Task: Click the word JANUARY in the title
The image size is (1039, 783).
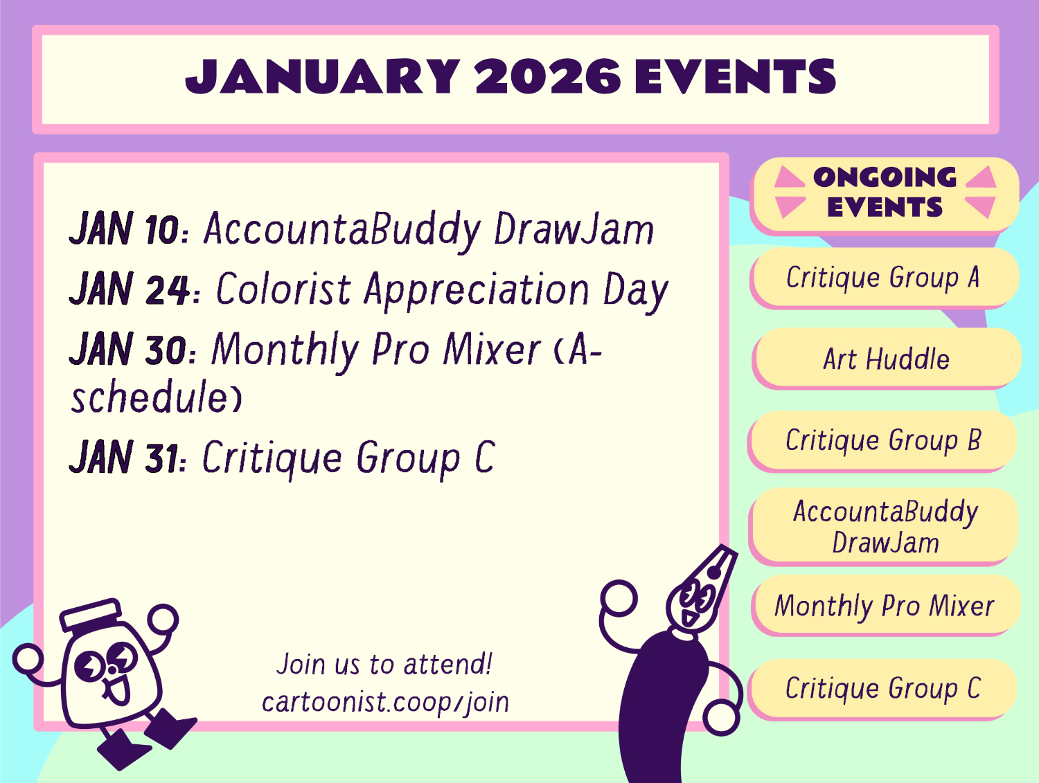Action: coord(323,77)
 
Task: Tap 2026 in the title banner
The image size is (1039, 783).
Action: coord(548,77)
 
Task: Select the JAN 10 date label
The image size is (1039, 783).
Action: coord(125,228)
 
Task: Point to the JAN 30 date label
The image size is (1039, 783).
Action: coord(128,349)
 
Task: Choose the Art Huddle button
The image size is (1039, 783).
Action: coord(886,358)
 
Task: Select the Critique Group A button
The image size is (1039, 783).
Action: coord(883,277)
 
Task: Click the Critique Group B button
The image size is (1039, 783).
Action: coord(882,440)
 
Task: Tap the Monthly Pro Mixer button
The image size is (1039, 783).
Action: coord(885,605)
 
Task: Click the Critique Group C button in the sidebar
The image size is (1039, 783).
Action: coord(882,688)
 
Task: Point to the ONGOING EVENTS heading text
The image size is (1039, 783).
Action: coord(885,192)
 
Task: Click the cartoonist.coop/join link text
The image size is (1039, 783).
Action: coord(385,702)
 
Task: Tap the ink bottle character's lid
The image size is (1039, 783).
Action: coord(91,614)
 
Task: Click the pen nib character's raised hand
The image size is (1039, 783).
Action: coord(619,598)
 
